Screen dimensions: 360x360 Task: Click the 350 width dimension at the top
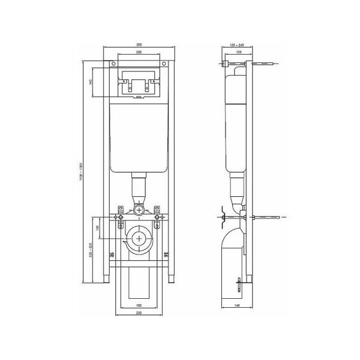click(139, 46)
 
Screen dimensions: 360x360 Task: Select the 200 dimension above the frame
click(139, 53)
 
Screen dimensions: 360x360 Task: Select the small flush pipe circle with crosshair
click(139, 211)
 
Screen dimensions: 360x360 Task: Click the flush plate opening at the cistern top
click(139, 85)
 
